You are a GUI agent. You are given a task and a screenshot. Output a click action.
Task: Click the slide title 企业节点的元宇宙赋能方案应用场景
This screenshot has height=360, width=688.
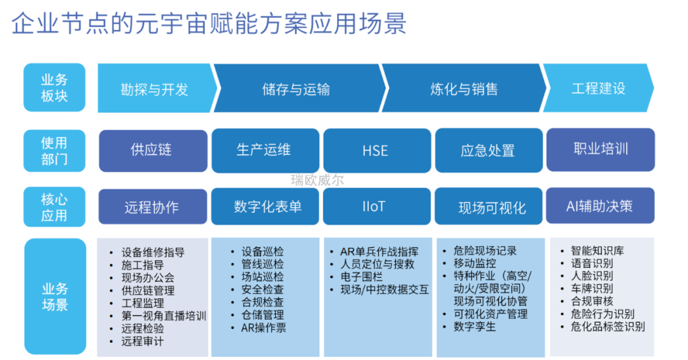(x=209, y=25)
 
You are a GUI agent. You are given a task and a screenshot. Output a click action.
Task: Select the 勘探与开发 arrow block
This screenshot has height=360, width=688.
(x=155, y=89)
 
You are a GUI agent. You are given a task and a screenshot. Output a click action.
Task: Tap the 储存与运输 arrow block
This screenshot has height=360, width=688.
(x=296, y=89)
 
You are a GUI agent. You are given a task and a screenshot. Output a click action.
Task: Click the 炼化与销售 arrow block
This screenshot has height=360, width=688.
(x=464, y=89)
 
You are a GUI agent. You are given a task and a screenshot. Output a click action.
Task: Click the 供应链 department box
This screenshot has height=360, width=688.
(x=152, y=150)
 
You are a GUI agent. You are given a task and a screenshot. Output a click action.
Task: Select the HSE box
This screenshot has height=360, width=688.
(x=375, y=150)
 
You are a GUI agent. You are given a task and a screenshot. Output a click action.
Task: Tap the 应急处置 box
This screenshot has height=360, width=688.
(x=487, y=151)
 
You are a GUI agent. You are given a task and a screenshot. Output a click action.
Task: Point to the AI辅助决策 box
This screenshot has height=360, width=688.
(x=599, y=206)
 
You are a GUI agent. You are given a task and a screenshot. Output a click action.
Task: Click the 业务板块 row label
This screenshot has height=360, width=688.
(x=54, y=88)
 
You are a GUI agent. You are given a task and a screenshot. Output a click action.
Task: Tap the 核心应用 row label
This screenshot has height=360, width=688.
(x=54, y=207)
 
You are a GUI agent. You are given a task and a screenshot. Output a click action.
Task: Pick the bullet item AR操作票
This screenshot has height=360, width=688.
(x=264, y=328)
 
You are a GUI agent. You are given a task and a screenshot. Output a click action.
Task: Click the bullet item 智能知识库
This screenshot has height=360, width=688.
(x=597, y=250)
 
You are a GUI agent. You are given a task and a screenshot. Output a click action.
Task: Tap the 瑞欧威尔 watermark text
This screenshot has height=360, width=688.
(x=317, y=180)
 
